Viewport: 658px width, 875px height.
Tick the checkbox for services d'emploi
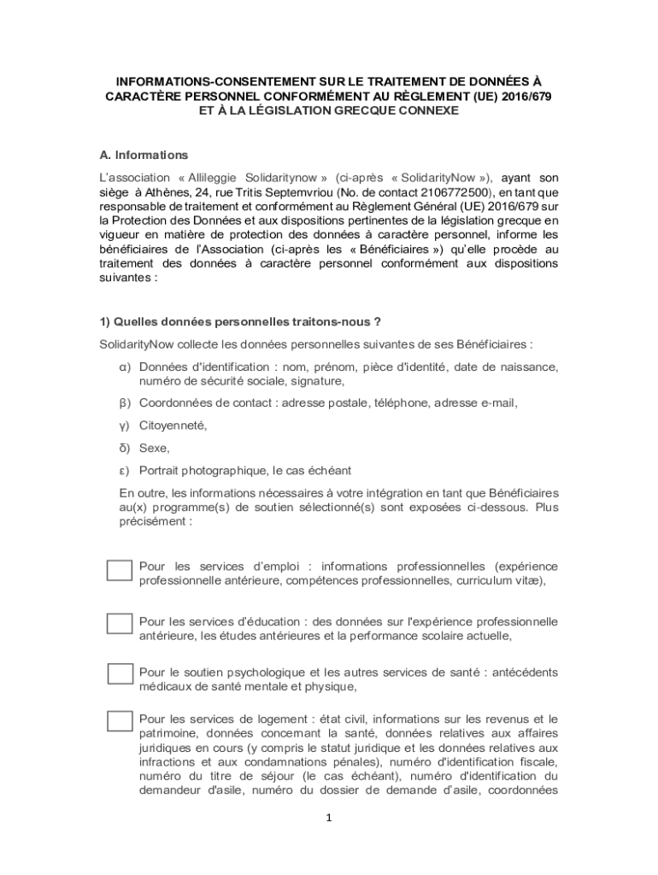click(x=119, y=571)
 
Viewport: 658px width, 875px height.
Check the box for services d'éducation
click(x=119, y=624)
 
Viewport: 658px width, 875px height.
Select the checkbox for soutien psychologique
click(x=119, y=673)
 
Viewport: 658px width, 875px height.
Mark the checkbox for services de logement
click(x=119, y=721)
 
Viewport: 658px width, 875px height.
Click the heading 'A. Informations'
click(x=144, y=156)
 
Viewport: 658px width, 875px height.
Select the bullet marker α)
click(x=124, y=367)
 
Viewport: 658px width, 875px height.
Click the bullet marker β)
click(x=124, y=402)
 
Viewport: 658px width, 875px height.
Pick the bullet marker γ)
click(x=124, y=425)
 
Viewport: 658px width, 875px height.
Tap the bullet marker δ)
click(x=124, y=448)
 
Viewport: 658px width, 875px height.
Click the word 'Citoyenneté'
click(x=173, y=425)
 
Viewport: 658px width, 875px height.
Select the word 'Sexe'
click(x=154, y=448)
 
